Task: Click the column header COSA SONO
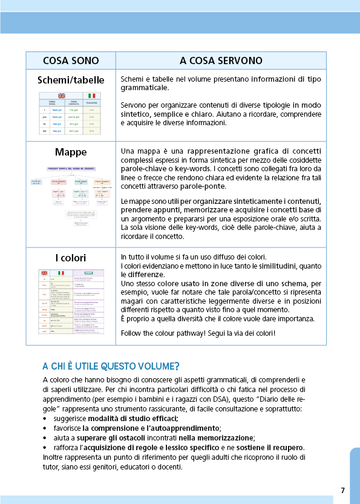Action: click(70, 61)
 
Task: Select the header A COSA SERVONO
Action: click(221, 61)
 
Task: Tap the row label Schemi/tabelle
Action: click(71, 80)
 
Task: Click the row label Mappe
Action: click(71, 152)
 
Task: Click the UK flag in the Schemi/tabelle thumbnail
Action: click(61, 96)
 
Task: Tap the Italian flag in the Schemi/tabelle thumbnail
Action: click(91, 96)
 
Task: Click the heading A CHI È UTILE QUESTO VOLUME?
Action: click(111, 365)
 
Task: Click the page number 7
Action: click(342, 490)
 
